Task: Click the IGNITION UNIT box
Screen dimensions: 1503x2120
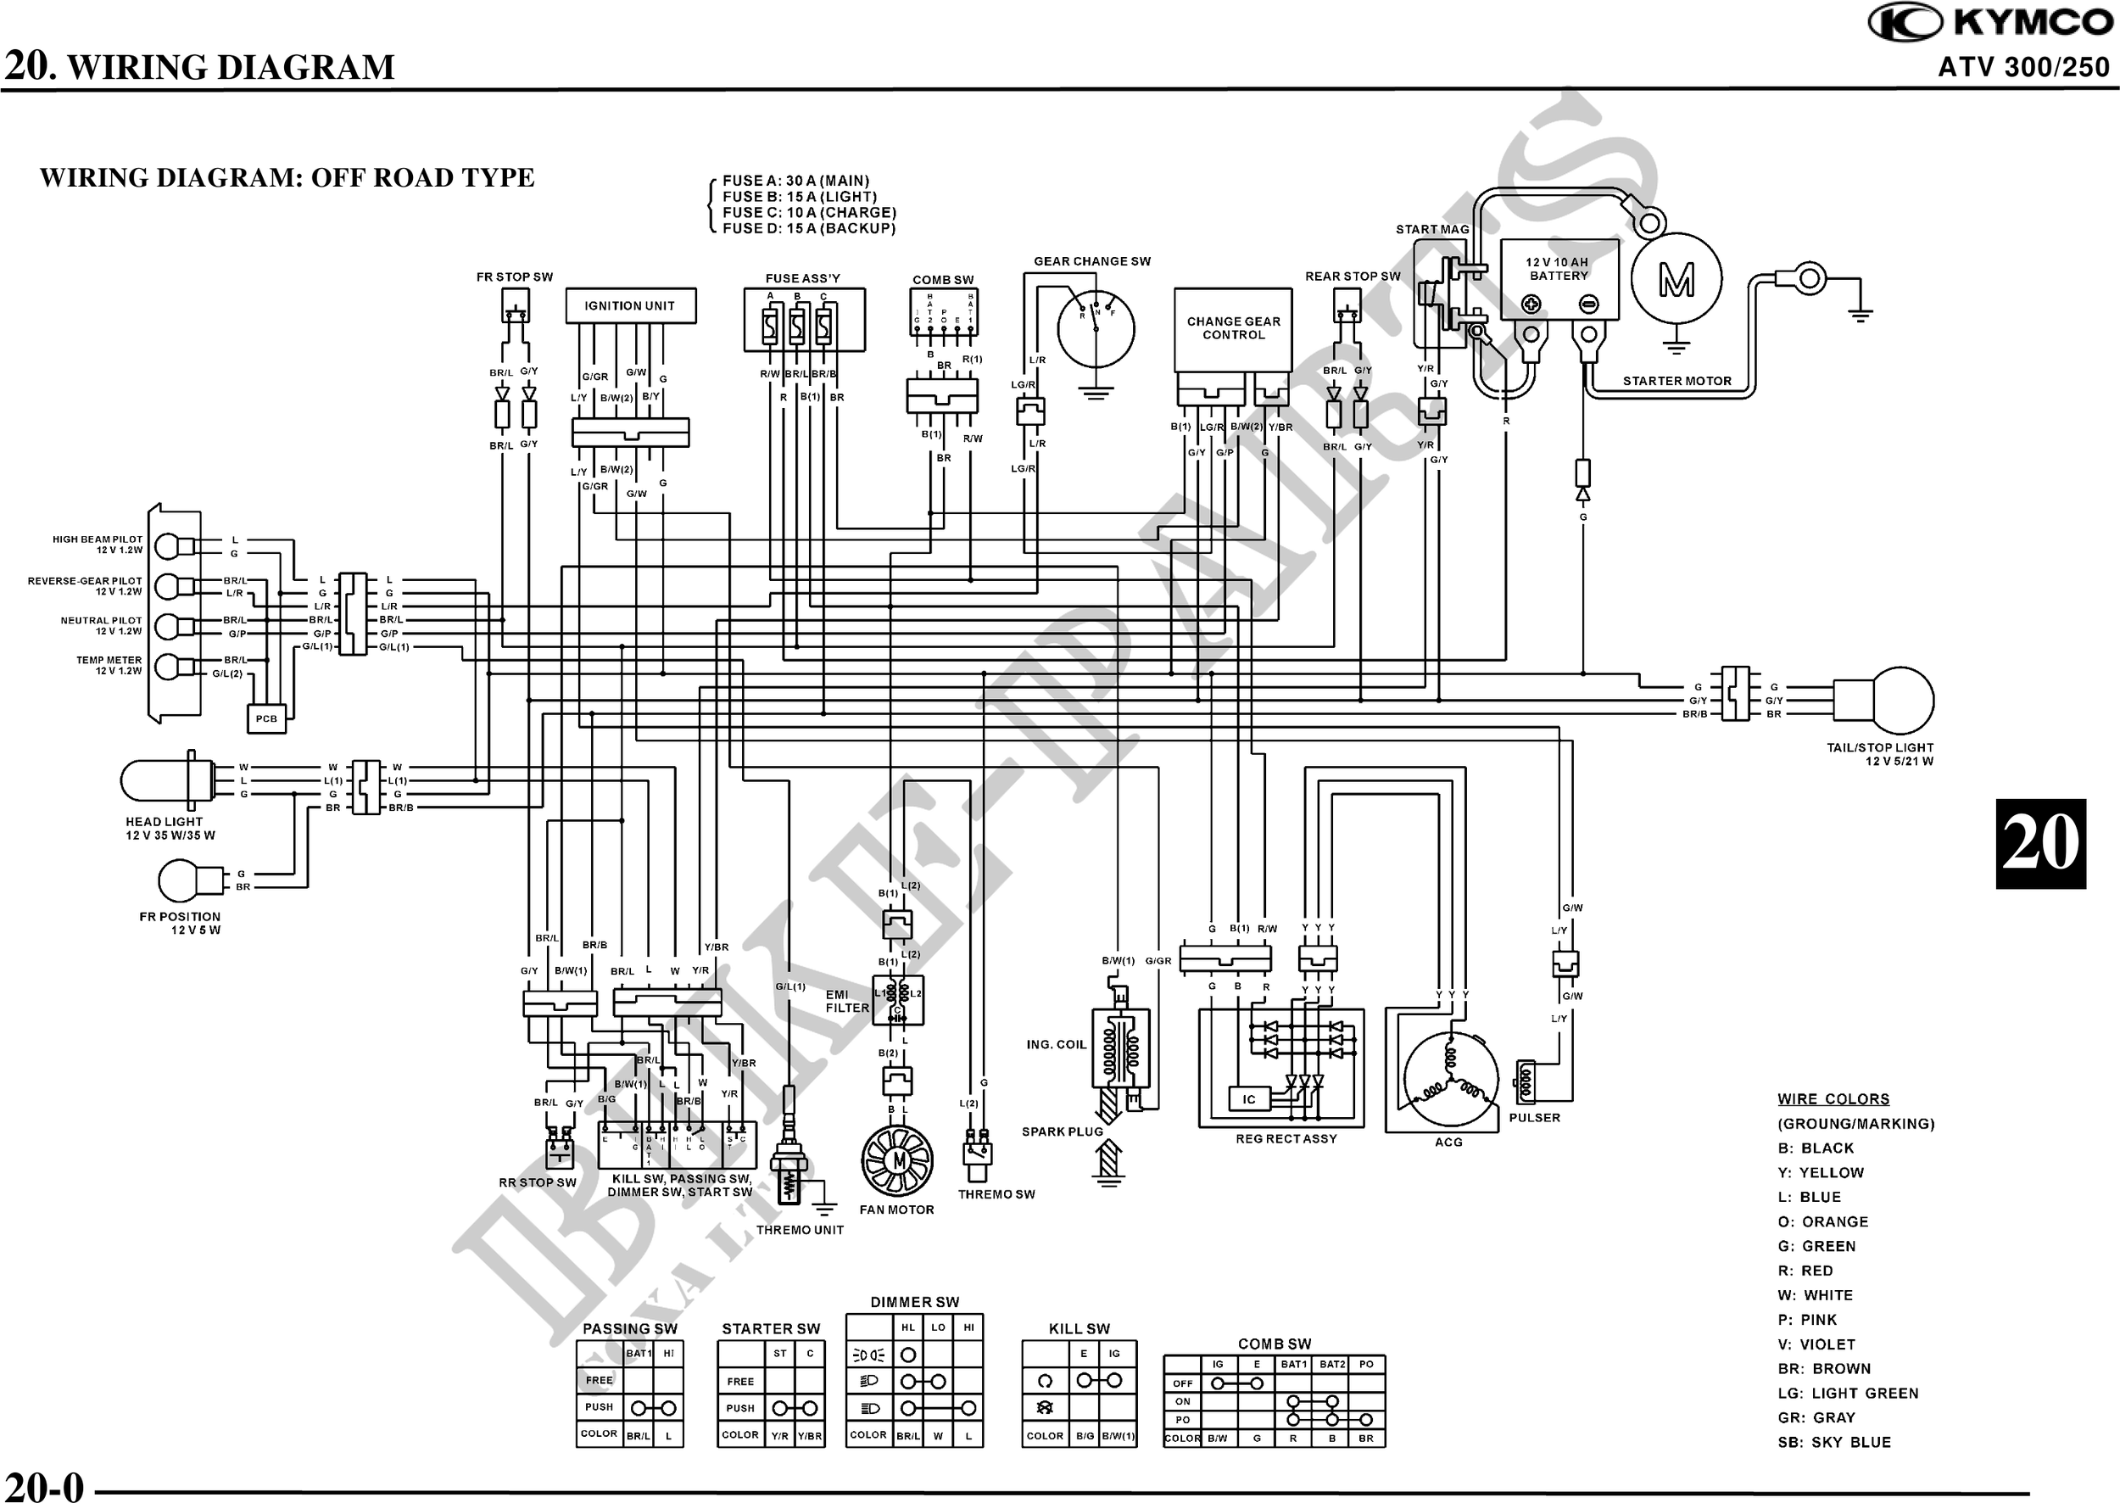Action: click(x=630, y=305)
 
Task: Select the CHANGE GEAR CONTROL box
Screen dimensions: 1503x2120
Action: click(x=1233, y=328)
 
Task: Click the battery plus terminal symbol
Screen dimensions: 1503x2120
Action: click(x=1531, y=304)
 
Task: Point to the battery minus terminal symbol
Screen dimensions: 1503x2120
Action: click(x=1588, y=304)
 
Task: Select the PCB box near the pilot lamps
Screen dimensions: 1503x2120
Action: click(x=266, y=718)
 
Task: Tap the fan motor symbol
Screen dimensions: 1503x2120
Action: click(x=896, y=1160)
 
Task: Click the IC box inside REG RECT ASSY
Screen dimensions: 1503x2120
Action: click(x=1248, y=1098)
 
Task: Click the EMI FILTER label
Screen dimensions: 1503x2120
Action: click(x=846, y=1002)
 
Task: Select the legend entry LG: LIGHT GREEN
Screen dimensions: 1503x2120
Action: click(x=1847, y=1393)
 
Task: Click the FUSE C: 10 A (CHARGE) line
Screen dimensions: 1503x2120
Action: click(x=809, y=212)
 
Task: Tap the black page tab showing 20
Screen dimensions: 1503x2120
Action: click(x=2039, y=843)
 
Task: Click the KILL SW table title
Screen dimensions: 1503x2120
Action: click(x=1078, y=1328)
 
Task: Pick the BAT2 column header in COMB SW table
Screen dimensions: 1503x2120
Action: click(x=1331, y=1364)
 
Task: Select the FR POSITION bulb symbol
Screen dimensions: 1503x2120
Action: click(x=178, y=881)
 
